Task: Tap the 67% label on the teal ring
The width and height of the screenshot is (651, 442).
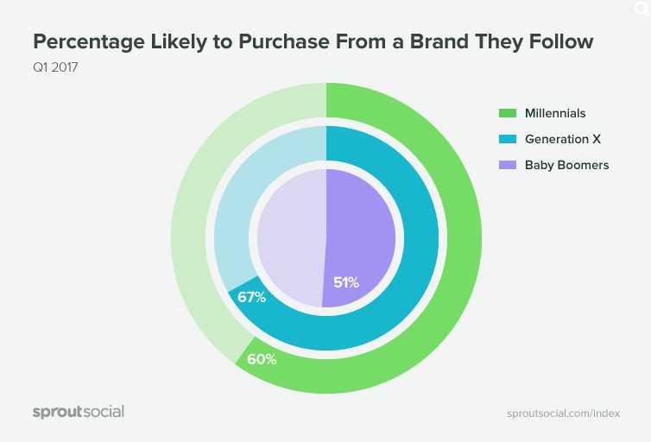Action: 250,298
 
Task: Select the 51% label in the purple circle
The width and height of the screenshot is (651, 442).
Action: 346,281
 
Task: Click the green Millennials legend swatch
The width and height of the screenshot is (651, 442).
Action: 507,113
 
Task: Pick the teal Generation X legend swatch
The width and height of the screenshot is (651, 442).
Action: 507,139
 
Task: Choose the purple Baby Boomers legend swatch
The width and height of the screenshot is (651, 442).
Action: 507,165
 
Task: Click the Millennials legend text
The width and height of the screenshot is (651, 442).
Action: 555,113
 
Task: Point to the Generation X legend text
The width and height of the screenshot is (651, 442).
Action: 562,139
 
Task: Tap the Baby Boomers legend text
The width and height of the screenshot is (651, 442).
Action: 566,165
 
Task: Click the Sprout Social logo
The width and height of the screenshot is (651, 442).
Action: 79,412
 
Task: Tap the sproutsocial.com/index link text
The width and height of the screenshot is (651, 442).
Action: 563,413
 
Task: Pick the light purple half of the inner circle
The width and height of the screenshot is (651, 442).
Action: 289,237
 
